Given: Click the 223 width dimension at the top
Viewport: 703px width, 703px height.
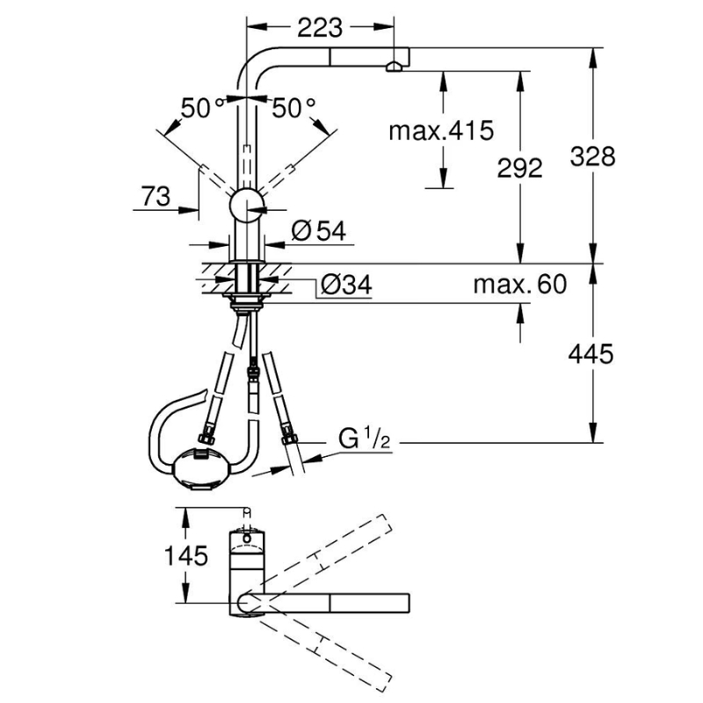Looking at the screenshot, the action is pos(320,28).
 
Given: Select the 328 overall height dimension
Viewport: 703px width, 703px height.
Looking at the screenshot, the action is pos(592,157).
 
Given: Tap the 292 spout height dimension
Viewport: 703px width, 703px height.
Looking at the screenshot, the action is pos(519,169).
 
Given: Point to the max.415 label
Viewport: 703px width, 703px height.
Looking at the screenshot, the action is pos(441,131).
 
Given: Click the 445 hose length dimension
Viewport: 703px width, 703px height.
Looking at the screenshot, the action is pos(591,354).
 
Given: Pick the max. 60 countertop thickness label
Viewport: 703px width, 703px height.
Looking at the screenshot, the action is pos(520,284).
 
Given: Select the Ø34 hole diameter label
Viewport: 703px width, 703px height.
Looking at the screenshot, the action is pos(346,285).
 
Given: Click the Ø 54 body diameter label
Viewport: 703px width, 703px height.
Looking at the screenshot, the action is pos(319,231).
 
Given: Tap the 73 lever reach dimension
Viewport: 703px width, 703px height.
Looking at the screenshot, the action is pos(156,196).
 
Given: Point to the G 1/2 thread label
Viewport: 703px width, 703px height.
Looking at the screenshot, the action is pos(364,438).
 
